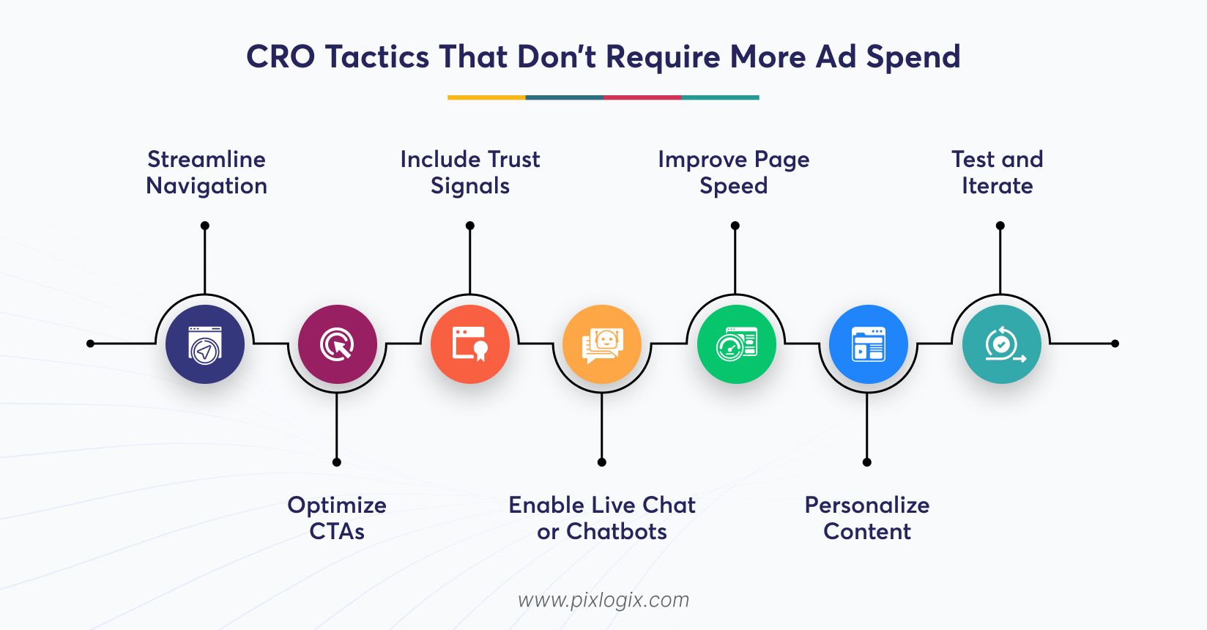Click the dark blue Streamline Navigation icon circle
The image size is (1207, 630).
pos(205,344)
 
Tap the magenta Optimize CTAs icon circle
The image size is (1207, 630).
pos(337,344)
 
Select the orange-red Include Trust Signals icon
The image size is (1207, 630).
pos(470,344)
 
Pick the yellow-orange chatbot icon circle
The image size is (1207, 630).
pos(602,344)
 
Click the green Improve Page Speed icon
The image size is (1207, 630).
pos(735,344)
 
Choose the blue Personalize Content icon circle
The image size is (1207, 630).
pos(868,344)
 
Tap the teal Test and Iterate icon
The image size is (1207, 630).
pos(1001,344)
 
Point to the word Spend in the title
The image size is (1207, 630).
pos(913,57)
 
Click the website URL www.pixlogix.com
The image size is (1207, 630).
pos(603,600)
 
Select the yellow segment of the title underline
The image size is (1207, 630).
pos(486,97)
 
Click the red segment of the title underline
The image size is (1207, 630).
pos(642,97)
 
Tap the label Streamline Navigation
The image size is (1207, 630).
pos(207,172)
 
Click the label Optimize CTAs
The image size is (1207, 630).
pos(337,518)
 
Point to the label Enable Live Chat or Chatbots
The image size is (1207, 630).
pos(602,518)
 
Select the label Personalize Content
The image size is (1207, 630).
pos(867,518)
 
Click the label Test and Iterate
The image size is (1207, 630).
pos(998,172)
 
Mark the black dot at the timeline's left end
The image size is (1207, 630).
pos(90,344)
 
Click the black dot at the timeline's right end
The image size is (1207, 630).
pos(1115,344)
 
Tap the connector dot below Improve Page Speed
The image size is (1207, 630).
pos(735,226)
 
